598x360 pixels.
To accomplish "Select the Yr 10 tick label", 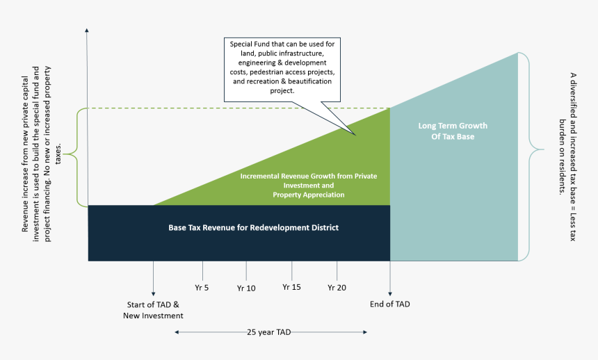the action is click(x=246, y=287).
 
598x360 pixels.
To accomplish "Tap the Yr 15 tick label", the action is click(x=291, y=286).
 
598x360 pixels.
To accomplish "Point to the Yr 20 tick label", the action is click(x=337, y=287).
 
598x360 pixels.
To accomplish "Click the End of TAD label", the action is click(x=390, y=304).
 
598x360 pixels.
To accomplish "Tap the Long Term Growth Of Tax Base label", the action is click(x=453, y=131).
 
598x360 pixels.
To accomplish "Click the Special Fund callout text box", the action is click(x=282, y=67).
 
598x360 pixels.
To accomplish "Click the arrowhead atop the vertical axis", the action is click(x=87, y=31).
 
